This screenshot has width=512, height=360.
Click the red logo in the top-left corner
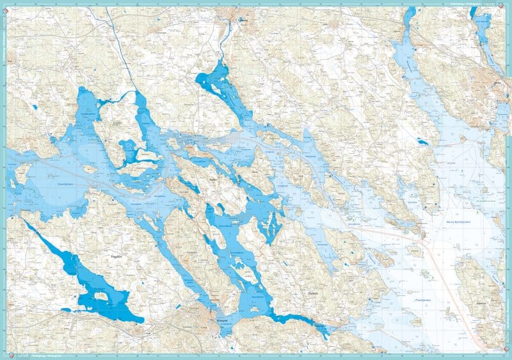[6, 5]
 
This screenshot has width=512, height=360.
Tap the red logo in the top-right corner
[506, 5]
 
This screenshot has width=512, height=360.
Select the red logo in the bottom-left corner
[6, 354]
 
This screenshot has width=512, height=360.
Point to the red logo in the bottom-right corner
[506, 354]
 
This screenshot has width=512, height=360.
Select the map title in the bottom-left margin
[38, 356]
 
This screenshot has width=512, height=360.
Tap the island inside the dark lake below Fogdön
[100, 297]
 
